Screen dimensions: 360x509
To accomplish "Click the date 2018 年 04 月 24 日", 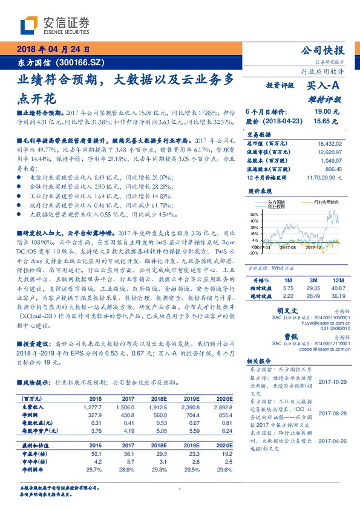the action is coord(53,50).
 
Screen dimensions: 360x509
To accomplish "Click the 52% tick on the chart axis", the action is coord(254,214).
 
